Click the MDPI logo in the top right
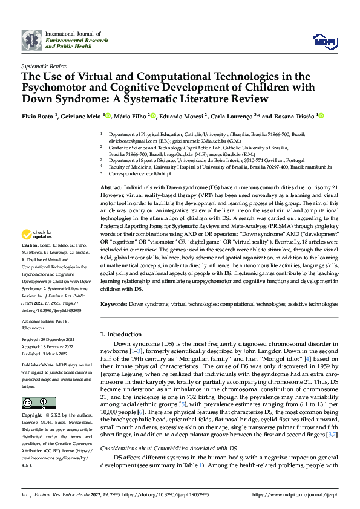point(324,41)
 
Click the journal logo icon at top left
point(32,41)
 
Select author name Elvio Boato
point(39,116)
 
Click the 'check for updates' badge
point(36,235)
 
